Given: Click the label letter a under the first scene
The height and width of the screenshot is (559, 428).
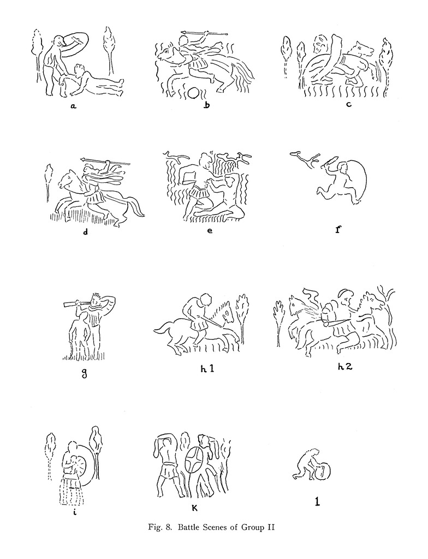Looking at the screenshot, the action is [73, 105].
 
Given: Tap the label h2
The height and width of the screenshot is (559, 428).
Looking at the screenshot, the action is [345, 366].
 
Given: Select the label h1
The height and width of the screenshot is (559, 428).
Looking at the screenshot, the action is [207, 368].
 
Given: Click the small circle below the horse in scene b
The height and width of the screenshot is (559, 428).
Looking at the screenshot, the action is [194, 93].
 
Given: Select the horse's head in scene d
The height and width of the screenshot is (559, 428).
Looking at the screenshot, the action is [67, 179].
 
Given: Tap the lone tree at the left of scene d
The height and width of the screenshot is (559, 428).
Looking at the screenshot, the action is [49, 182].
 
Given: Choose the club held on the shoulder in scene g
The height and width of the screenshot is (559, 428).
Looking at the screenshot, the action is [76, 304].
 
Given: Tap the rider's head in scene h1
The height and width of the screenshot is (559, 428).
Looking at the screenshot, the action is [206, 300].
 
